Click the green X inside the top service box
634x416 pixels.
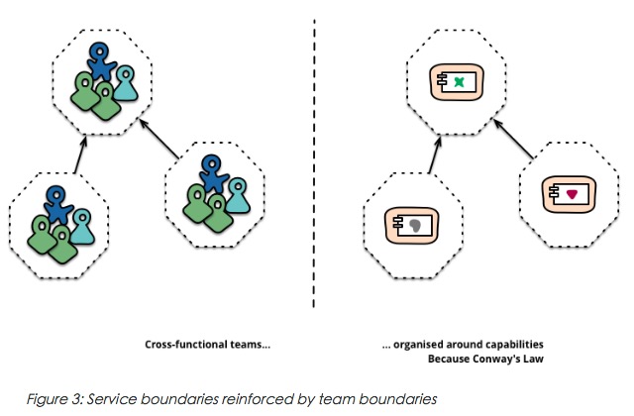pyautogui.click(x=459, y=85)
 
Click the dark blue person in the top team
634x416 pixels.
pyautogui.click(x=99, y=61)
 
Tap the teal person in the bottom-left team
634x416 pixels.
pyautogui.click(x=82, y=223)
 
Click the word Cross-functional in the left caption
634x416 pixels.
pyautogui.click(x=167, y=346)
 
